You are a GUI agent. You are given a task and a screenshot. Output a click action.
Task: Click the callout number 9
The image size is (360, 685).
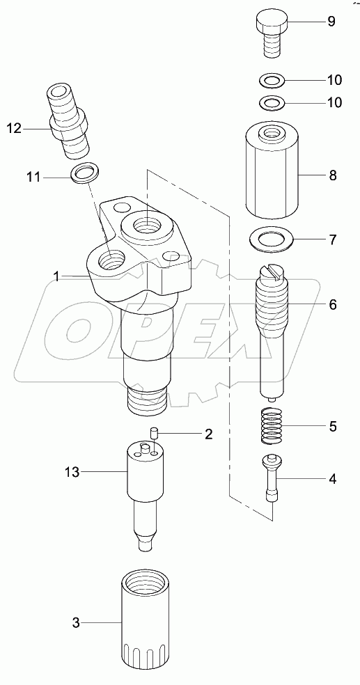pos(331,22)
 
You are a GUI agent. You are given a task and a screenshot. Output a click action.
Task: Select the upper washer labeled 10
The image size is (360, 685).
pos(272,80)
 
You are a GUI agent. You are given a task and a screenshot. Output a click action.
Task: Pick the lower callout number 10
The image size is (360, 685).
pos(334,102)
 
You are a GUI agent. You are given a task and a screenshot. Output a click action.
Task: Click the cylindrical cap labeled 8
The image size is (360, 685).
pos(272,171)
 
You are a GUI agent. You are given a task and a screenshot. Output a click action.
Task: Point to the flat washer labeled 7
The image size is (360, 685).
pos(272,239)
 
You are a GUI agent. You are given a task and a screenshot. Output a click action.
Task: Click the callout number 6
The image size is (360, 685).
pos(332,304)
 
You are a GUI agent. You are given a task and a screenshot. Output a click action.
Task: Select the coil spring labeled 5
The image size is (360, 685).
pos(272,426)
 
